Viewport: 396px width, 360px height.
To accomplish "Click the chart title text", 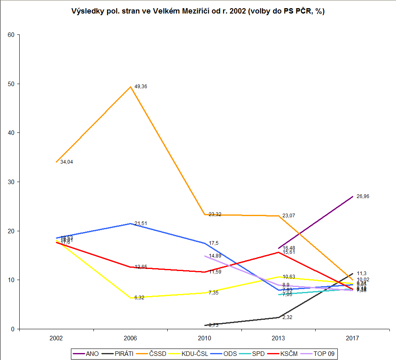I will point(198,11).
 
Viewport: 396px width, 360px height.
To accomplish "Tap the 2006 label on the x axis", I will point(130,339).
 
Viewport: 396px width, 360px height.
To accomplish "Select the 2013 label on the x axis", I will point(278,339).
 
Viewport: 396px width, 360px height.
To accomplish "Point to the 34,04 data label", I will point(66,162).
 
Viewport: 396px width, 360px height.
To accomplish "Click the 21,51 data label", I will point(141,223).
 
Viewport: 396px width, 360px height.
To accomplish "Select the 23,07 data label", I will point(289,216).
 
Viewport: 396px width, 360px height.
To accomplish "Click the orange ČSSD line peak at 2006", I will point(130,87).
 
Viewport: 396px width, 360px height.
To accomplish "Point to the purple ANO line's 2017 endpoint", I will point(353,197).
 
